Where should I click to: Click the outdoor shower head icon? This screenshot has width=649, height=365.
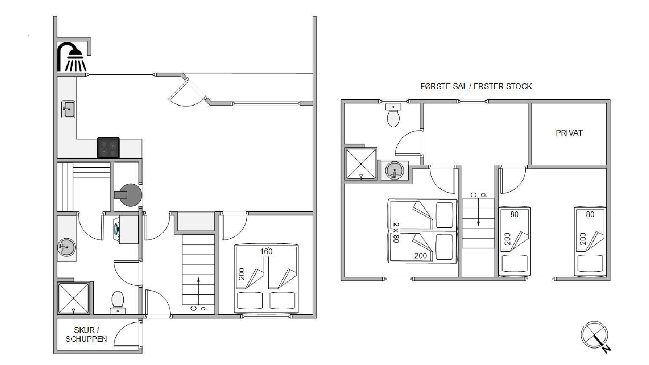click(x=72, y=57)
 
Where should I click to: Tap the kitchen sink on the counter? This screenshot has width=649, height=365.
click(x=68, y=109)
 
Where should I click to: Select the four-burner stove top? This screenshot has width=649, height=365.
click(x=108, y=148)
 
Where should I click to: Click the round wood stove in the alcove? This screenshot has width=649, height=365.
click(x=130, y=195)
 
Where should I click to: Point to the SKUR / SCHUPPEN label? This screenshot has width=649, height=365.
click(x=86, y=335)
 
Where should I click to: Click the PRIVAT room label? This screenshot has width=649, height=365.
click(x=569, y=133)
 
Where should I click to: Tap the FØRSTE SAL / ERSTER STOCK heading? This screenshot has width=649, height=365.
click(x=476, y=86)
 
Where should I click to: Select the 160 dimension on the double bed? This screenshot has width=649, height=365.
click(x=266, y=252)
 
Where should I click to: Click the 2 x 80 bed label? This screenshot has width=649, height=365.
click(x=396, y=233)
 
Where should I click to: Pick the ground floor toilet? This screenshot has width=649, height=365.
click(x=117, y=303)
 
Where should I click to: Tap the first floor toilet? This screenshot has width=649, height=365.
click(x=393, y=115)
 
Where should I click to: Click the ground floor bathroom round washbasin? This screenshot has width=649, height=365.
click(x=66, y=248)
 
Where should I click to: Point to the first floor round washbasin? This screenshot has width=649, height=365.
click(x=394, y=171)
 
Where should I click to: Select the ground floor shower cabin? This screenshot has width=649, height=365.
click(x=74, y=298)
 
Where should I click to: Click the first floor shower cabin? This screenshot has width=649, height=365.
click(x=361, y=164)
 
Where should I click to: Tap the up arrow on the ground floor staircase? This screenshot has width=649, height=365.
click(x=199, y=291)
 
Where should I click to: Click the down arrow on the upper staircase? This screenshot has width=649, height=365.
click(x=478, y=212)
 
